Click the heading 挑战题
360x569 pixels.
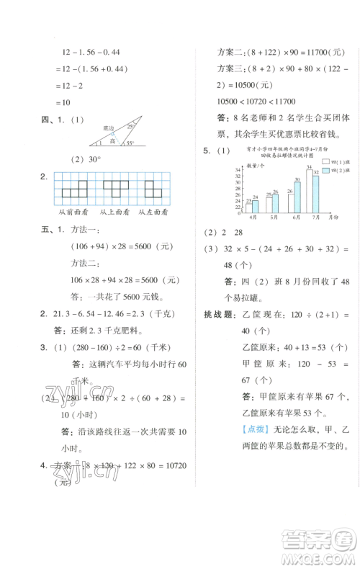tap(217, 315)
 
